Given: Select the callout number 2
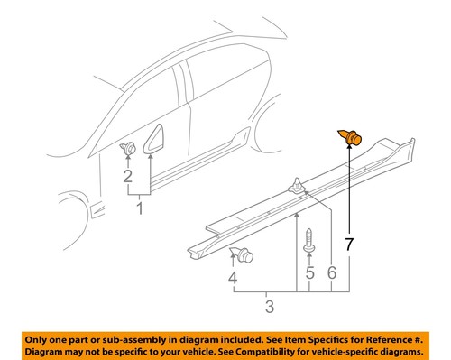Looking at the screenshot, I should [x=127, y=176].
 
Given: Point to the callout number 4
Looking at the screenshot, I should [x=233, y=280].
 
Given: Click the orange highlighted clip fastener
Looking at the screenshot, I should [x=351, y=137].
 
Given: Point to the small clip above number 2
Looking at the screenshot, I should [x=129, y=147].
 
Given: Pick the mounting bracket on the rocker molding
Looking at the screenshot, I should [x=296, y=187].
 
